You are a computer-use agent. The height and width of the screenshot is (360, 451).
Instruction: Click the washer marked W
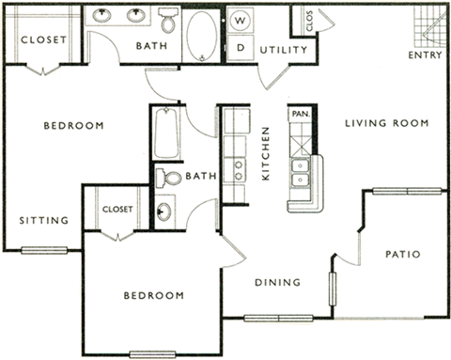pos(240,20)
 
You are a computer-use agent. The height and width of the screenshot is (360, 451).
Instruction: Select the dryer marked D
pos(240,46)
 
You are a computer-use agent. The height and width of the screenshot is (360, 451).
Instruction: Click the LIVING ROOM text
pos(386,123)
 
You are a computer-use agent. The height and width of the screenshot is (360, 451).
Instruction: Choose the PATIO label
pos(402,255)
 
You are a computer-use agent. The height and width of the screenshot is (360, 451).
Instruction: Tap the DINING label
pos(277,282)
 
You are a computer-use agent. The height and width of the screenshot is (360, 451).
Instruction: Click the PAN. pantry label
pos(301,113)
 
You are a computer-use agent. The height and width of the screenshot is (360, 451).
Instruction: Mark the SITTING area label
pos(44,221)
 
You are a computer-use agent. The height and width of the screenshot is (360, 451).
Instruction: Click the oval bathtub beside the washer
pos(201,36)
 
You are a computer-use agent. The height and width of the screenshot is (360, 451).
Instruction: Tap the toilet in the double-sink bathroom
pos(168,20)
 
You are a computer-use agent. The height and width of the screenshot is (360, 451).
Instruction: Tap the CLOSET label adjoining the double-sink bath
pos(43,40)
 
